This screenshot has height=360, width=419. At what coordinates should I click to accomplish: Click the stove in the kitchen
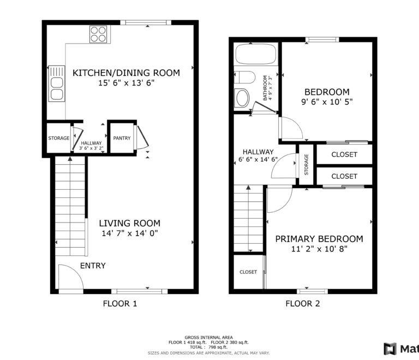tap(98, 34)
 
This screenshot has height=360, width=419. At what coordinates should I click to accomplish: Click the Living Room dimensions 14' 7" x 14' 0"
tap(129, 233)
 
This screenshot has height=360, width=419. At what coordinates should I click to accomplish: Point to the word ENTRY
tap(93, 266)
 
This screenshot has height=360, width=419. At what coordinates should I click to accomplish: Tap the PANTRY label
tap(122, 138)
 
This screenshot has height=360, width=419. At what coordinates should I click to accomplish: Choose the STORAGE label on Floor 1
tap(58, 138)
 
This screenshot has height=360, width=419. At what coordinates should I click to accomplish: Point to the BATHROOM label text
tap(265, 88)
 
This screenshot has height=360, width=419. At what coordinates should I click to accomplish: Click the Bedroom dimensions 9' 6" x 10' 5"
tap(327, 103)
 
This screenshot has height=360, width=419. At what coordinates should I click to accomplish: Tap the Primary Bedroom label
tap(319, 239)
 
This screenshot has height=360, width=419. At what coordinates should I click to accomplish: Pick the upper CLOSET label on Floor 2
tap(344, 154)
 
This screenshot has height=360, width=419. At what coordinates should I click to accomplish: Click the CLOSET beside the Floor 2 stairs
tap(248, 272)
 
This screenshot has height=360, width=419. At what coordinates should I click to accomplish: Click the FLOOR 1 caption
tap(120, 304)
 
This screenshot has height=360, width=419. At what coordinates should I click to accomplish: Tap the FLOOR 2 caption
tap(303, 304)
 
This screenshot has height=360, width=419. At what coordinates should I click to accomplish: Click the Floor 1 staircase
tap(71, 207)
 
